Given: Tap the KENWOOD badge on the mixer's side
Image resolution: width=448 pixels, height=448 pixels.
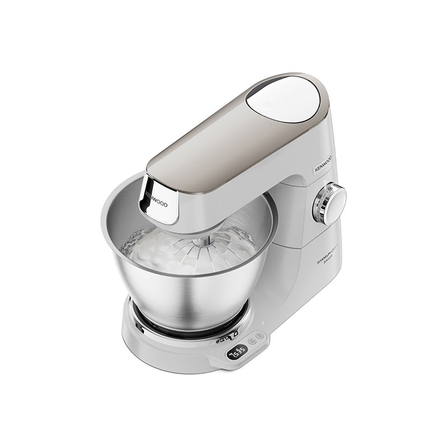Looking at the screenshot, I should pyautogui.click(x=323, y=165).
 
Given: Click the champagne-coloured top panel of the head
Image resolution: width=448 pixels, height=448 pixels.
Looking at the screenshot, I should pyautogui.click(x=224, y=146).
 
